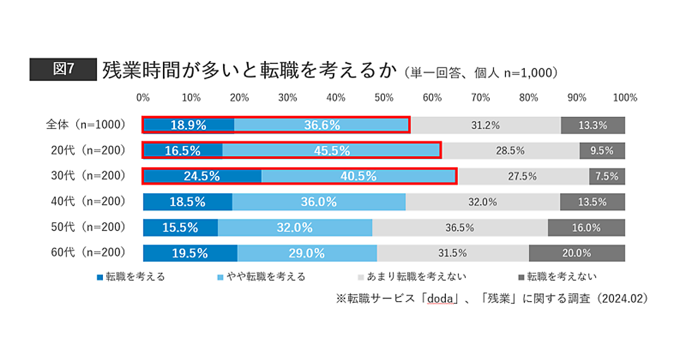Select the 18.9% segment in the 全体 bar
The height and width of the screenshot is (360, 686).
click(188, 125)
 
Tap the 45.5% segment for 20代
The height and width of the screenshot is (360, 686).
click(332, 151)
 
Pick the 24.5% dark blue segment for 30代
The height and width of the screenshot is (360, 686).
click(202, 176)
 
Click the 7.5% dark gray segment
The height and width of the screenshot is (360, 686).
click(607, 176)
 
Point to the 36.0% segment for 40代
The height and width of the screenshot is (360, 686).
click(318, 202)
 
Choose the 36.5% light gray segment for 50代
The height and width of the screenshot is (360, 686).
click(460, 227)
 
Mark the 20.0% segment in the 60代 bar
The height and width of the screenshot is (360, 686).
click(576, 253)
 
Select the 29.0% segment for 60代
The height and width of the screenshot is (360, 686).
click(307, 253)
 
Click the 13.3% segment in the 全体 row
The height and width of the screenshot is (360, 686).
click(592, 125)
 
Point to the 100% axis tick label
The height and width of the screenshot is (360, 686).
click(624, 98)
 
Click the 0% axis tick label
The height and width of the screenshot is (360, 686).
click(143, 98)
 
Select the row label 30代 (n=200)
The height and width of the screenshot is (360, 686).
click(85, 176)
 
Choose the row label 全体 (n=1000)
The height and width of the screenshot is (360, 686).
click(86, 125)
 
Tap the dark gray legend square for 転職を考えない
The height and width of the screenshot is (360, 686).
click(521, 277)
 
